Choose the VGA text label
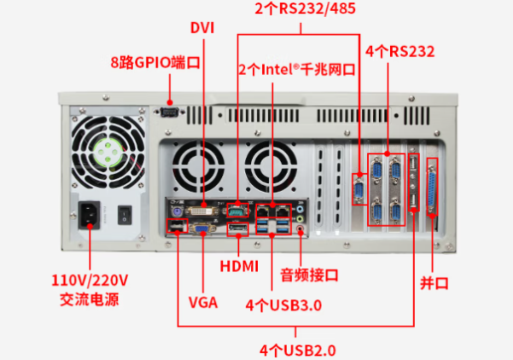click(202, 302)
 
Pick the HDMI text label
click(239, 266)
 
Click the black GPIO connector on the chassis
click(169, 111)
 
